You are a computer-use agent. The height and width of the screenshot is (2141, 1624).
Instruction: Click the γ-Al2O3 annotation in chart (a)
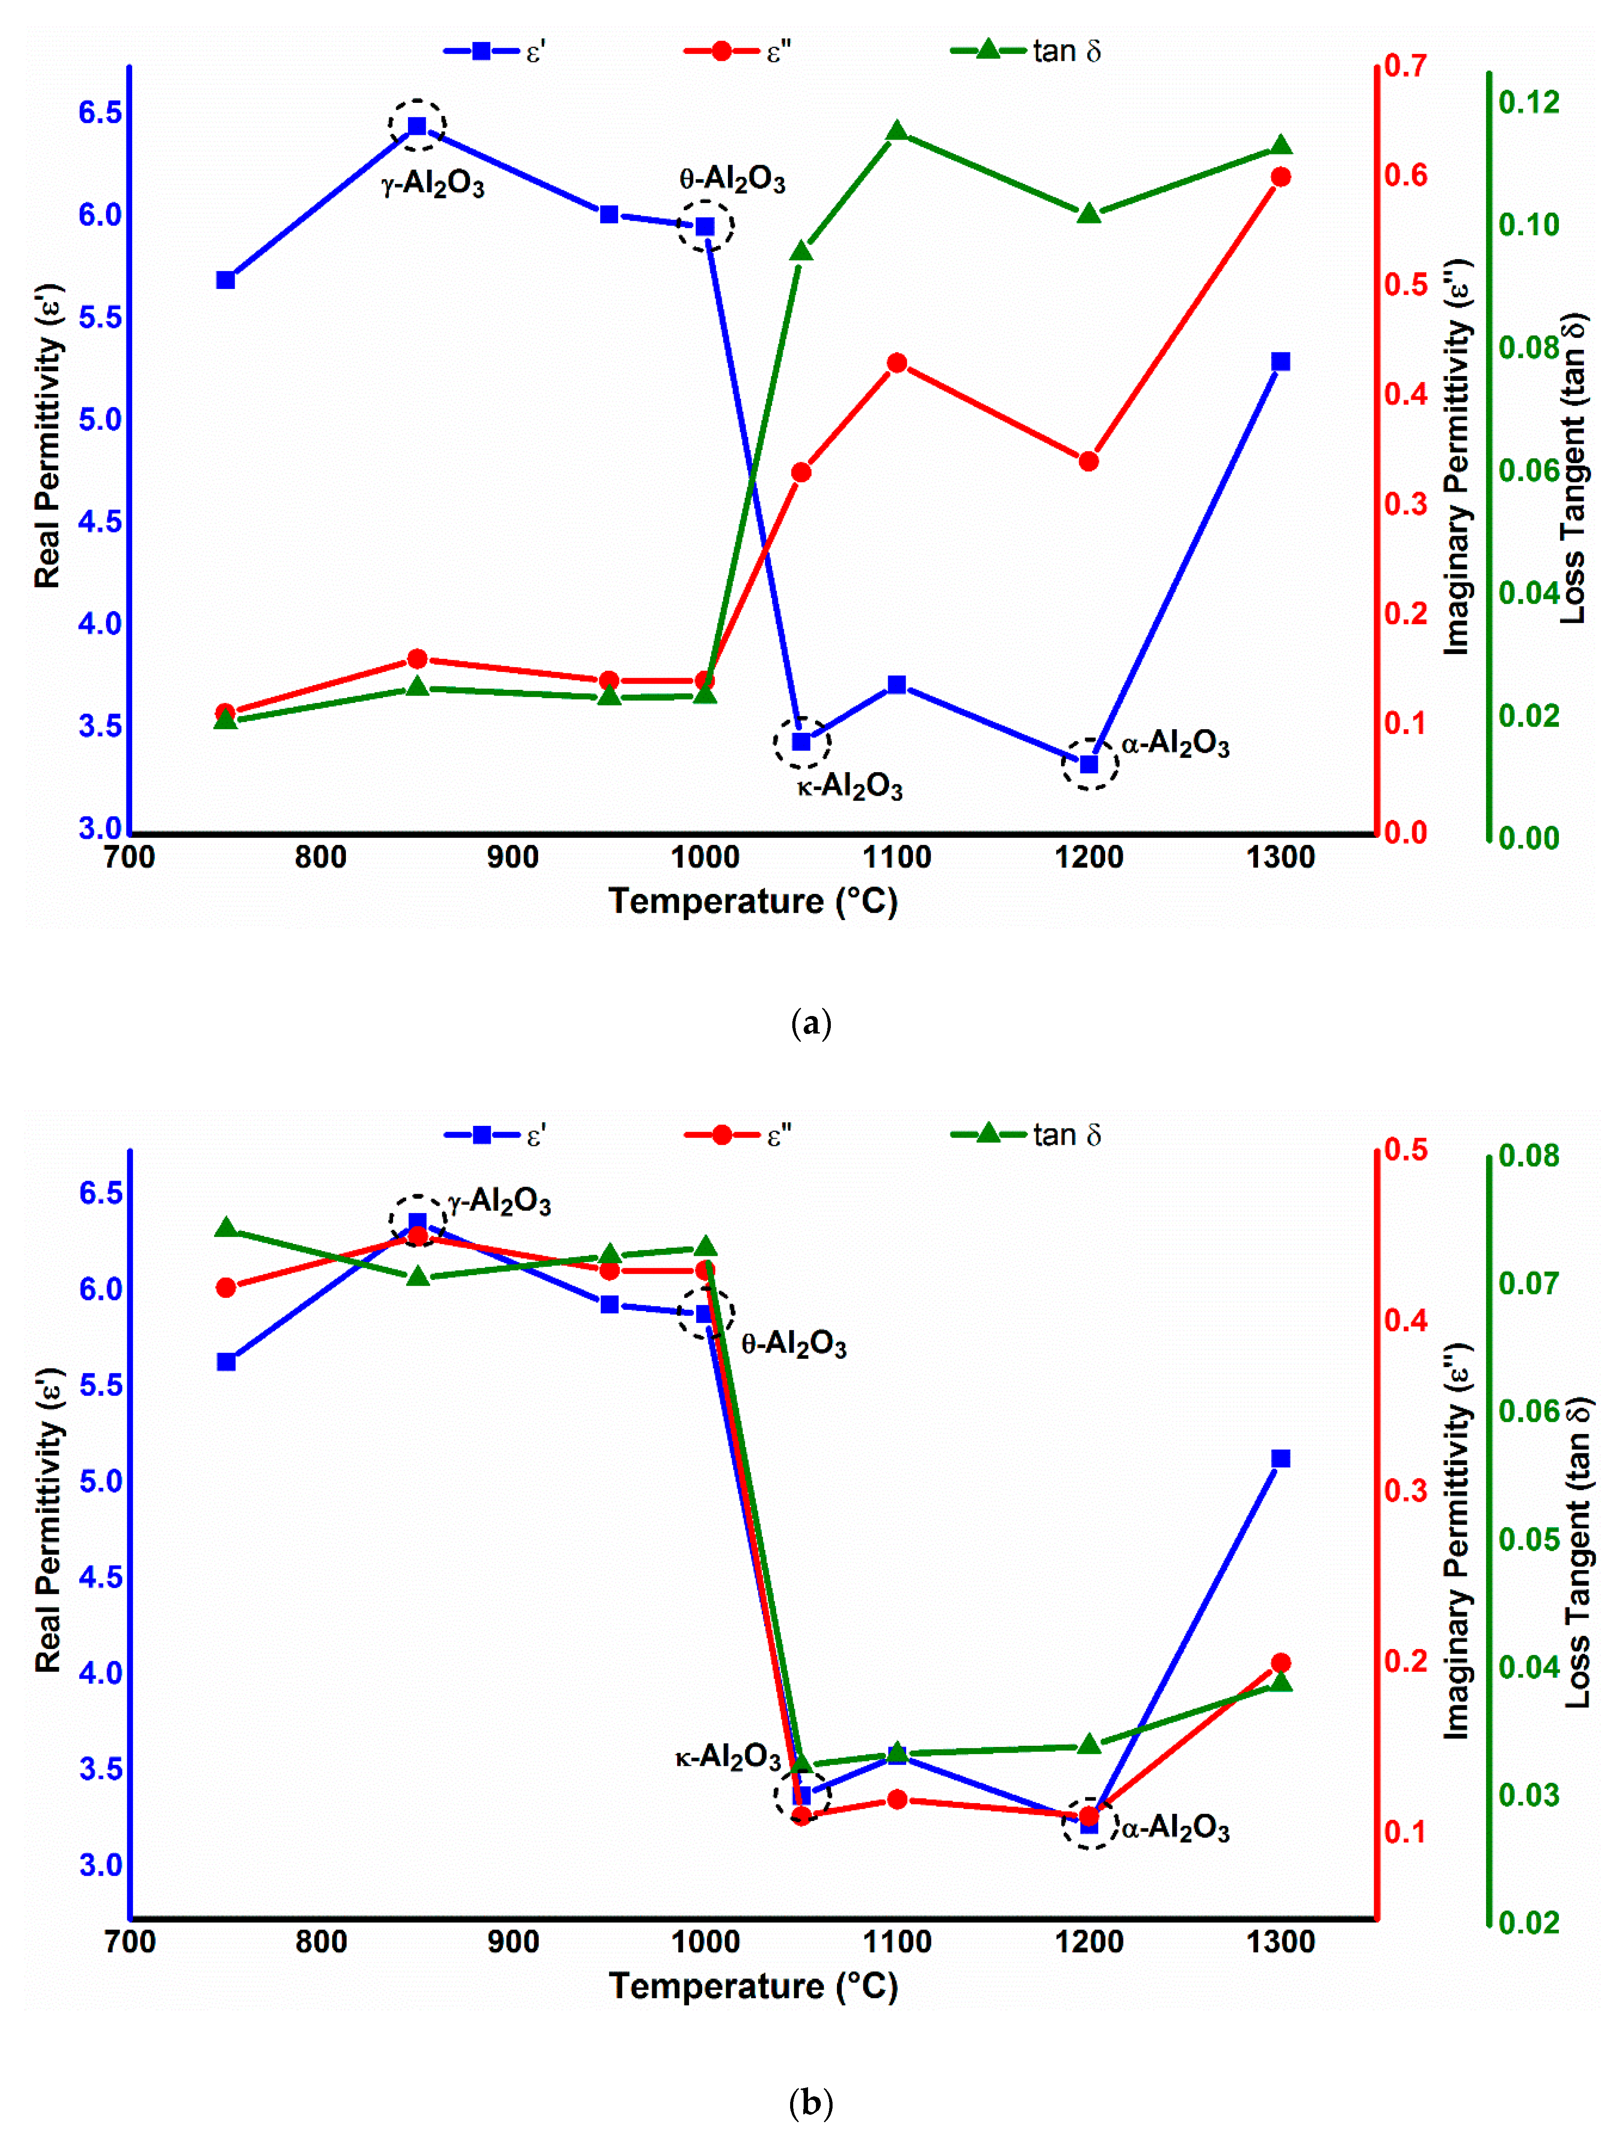point(432,183)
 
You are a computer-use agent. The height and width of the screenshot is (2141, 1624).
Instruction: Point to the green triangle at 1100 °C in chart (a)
point(897,131)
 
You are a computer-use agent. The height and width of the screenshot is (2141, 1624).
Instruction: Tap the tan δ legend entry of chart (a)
point(1026,50)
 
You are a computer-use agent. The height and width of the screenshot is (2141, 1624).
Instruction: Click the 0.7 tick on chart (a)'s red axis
point(1405,66)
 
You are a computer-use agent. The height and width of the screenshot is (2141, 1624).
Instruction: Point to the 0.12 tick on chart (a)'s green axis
point(1529,102)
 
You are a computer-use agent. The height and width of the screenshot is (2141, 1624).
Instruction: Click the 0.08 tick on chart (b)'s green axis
point(1529,1155)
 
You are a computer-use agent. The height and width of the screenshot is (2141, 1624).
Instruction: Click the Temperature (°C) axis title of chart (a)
point(753,901)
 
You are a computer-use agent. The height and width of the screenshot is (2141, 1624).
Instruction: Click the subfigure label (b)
point(811,2102)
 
